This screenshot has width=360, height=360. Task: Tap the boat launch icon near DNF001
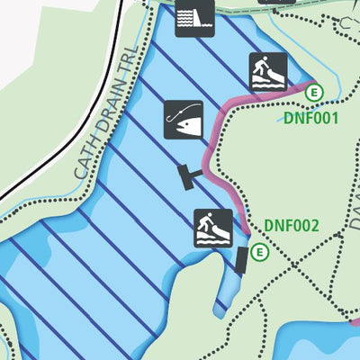point(268,71)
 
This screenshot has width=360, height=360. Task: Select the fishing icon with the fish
point(184,120)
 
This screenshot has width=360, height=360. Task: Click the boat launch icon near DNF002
point(214,229)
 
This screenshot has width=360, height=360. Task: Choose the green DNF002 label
point(292,225)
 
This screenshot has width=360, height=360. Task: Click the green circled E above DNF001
point(313,92)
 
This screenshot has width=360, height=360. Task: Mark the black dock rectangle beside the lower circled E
point(241,261)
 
